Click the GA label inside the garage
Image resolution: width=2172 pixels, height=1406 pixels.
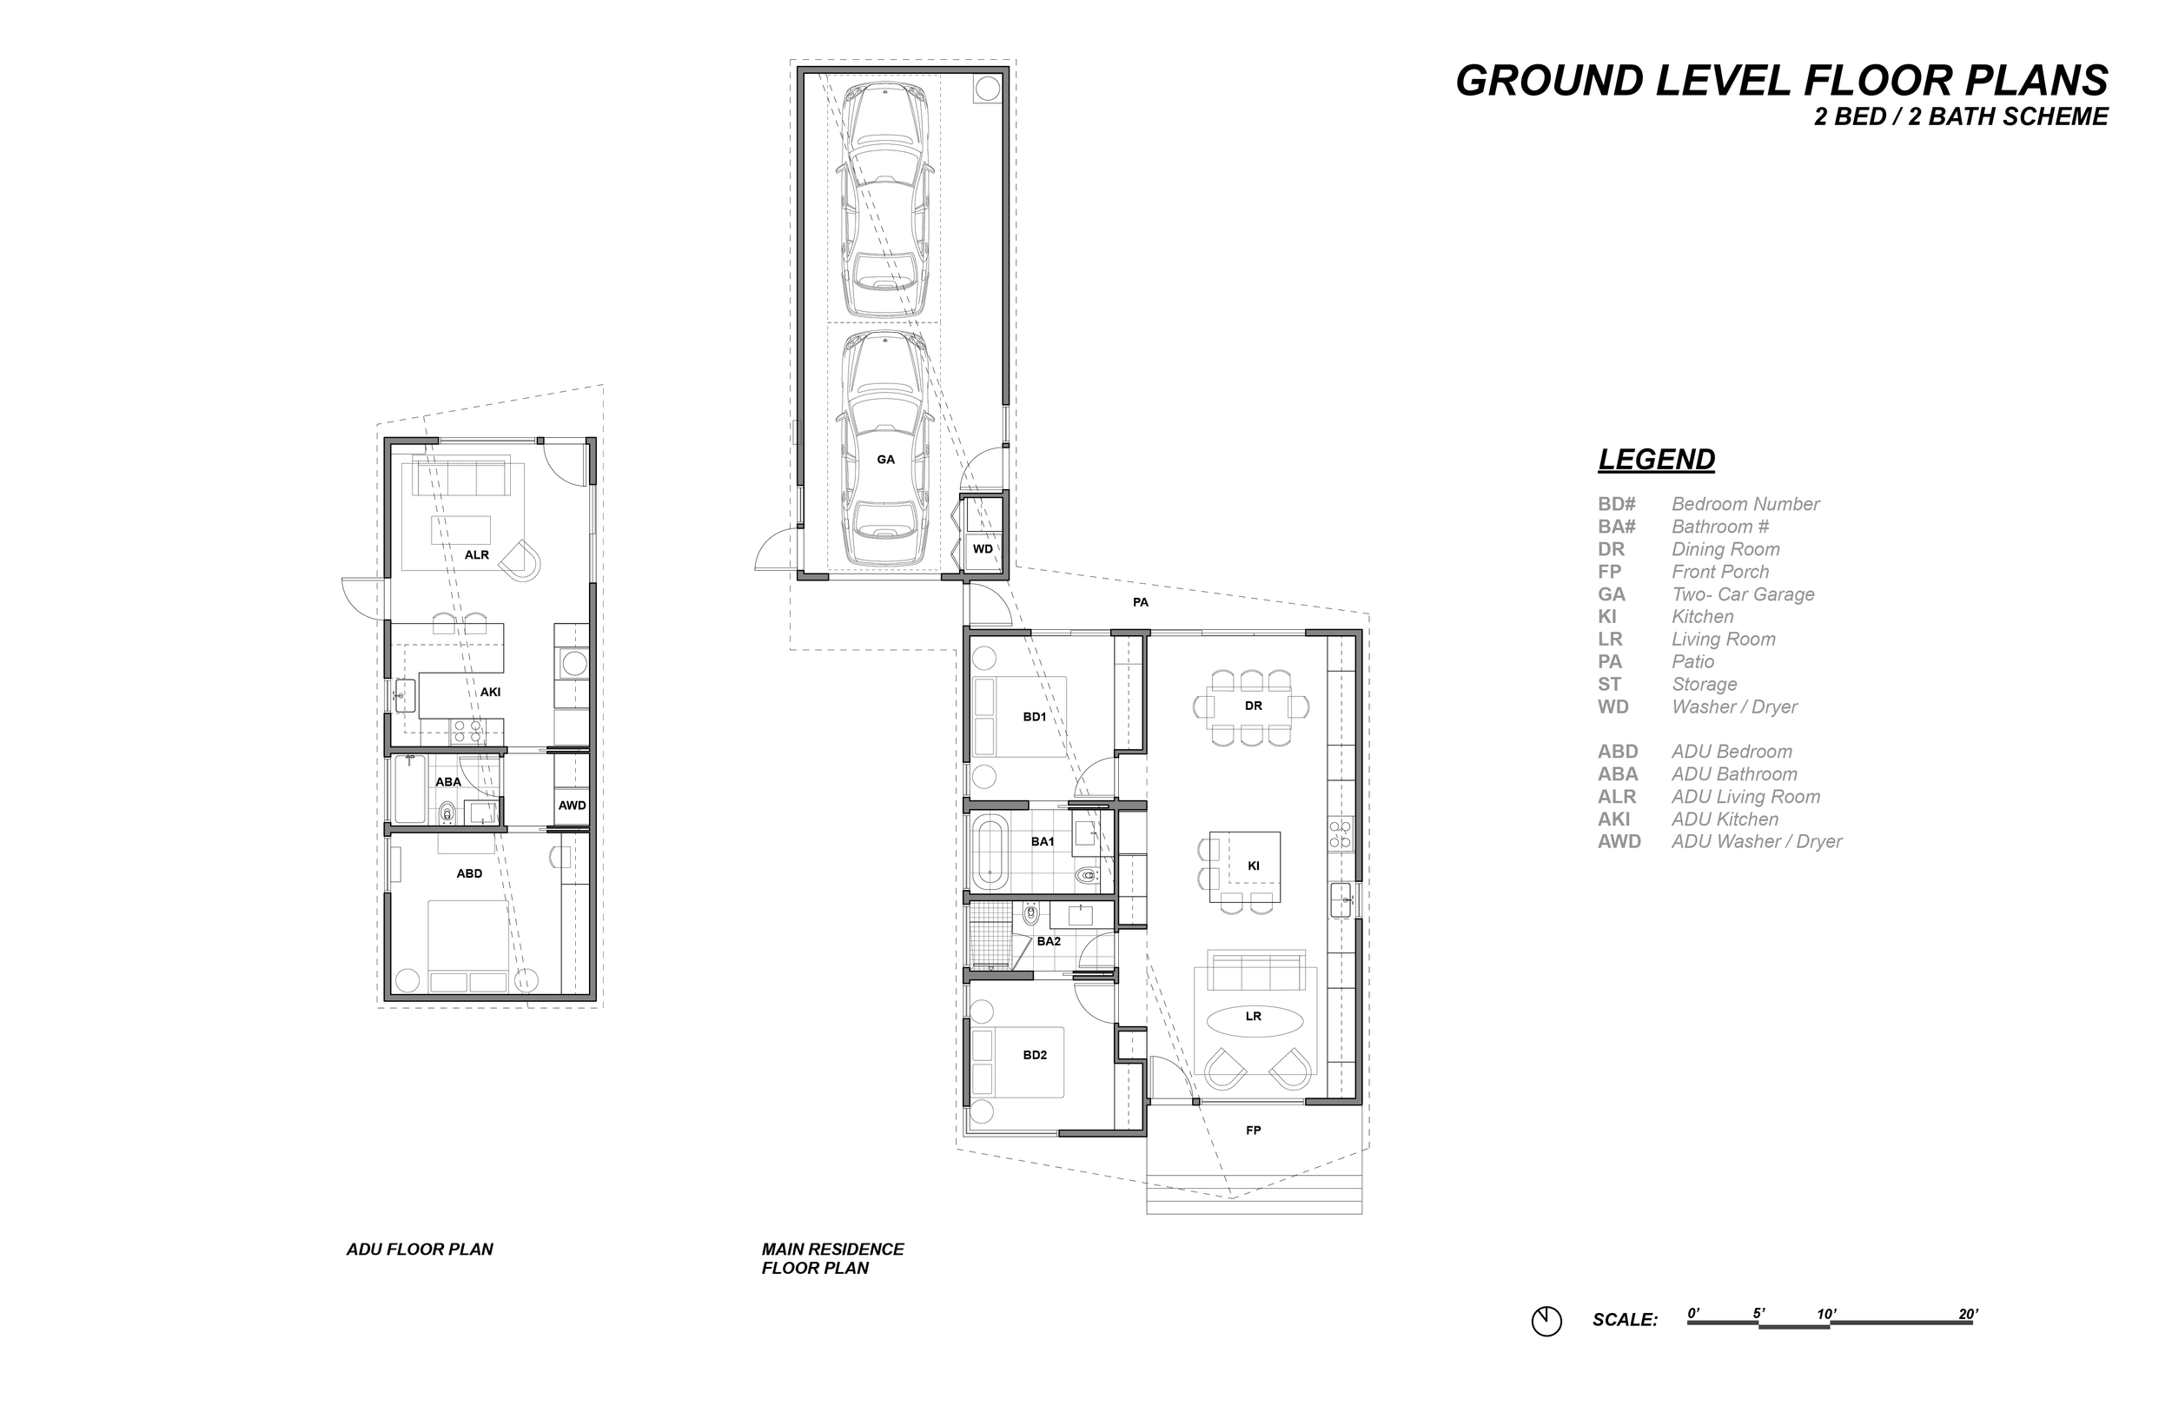tap(885, 459)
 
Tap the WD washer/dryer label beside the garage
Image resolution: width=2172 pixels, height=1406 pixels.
tap(982, 548)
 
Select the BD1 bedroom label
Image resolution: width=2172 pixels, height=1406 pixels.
tap(1034, 717)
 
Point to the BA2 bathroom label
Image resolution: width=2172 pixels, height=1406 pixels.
tap(1049, 940)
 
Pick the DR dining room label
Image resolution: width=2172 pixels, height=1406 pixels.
tap(1253, 706)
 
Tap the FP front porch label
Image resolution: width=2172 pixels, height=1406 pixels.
tap(1253, 1131)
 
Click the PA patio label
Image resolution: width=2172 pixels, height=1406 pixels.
tap(1140, 602)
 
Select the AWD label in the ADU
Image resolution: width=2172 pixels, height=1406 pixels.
tap(573, 806)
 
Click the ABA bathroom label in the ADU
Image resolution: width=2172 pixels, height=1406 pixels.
tap(448, 781)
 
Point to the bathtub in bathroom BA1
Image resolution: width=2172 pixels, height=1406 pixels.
tap(989, 852)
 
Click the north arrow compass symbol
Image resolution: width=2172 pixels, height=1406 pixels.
tap(1546, 1321)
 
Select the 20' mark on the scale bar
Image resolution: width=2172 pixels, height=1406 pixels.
tap(1969, 1314)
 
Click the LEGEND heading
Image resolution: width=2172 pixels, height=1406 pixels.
tap(1657, 459)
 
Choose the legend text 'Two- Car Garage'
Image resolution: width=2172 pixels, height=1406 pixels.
tap(1743, 594)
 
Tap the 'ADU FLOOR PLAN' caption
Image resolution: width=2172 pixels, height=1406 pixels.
tap(420, 1249)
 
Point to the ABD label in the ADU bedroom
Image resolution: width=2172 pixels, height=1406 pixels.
tap(469, 872)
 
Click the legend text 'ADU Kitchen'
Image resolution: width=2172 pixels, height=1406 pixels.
tap(1725, 819)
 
